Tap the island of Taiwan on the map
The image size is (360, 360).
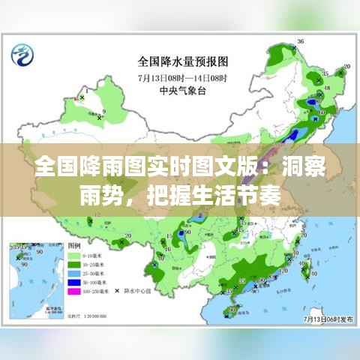[x=304, y=267]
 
